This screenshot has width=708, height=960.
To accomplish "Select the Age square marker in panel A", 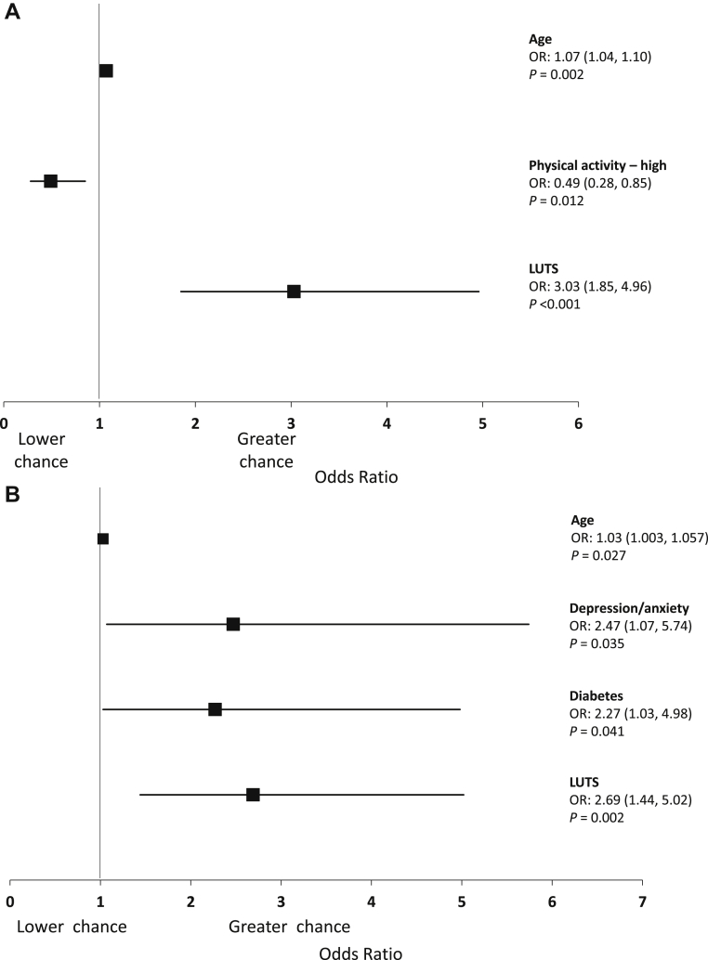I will pyautogui.click(x=106, y=71).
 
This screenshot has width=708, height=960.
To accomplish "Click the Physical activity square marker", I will pyautogui.click(x=50, y=181).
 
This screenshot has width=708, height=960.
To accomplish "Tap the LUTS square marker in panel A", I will pyautogui.click(x=294, y=292).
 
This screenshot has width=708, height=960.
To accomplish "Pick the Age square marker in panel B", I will pyautogui.click(x=103, y=538).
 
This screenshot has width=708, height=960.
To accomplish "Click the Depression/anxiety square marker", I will pyautogui.click(x=233, y=624).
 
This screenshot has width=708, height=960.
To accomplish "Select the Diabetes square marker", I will pyautogui.click(x=215, y=709).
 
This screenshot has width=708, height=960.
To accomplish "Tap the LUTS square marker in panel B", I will pyautogui.click(x=253, y=795).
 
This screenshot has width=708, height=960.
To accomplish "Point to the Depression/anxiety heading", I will pyautogui.click(x=629, y=608).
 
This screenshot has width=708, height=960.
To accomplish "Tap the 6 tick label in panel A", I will pyautogui.click(x=577, y=424).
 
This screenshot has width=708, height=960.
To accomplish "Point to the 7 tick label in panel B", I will pyautogui.click(x=641, y=902).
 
